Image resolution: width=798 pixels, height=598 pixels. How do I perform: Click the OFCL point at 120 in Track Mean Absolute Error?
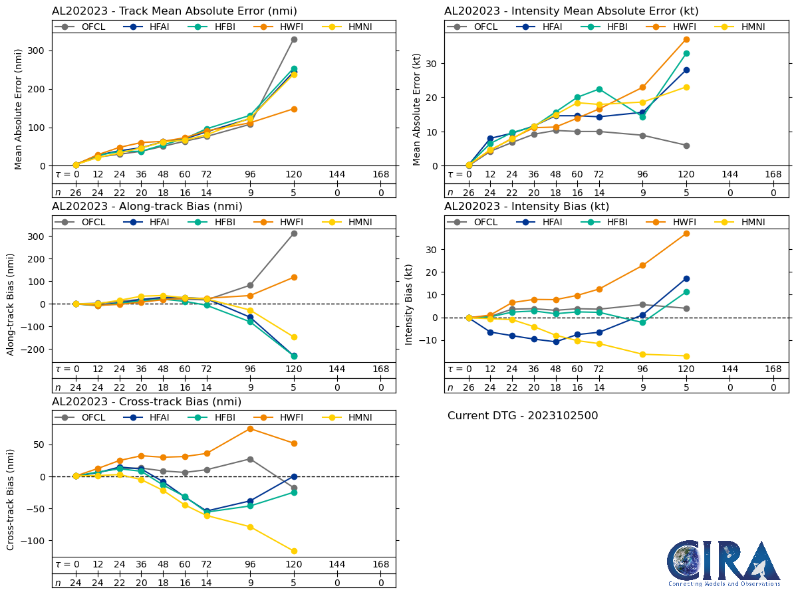(294, 39)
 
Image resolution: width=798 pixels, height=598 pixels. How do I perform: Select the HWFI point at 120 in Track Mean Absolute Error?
(294, 109)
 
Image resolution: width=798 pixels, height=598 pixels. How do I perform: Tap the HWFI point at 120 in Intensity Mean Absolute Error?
(686, 39)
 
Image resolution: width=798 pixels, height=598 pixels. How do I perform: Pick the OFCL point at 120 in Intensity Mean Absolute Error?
(686, 146)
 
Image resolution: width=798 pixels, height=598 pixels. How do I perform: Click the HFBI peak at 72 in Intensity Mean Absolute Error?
(599, 89)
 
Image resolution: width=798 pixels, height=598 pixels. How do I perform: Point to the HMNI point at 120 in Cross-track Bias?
(294, 551)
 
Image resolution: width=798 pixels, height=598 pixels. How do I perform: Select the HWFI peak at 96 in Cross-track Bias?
(250, 429)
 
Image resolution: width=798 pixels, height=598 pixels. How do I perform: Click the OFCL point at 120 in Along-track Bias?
(294, 233)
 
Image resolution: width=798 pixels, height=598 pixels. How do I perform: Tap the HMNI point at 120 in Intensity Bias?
(686, 356)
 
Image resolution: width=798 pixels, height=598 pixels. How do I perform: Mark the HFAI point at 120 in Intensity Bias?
(686, 278)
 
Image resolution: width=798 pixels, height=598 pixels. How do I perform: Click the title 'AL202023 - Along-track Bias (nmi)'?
(147, 207)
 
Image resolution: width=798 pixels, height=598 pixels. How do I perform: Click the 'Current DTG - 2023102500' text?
(523, 416)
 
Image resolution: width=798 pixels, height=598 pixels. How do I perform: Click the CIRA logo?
(724, 563)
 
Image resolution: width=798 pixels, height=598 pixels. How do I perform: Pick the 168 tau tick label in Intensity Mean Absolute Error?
(773, 174)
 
